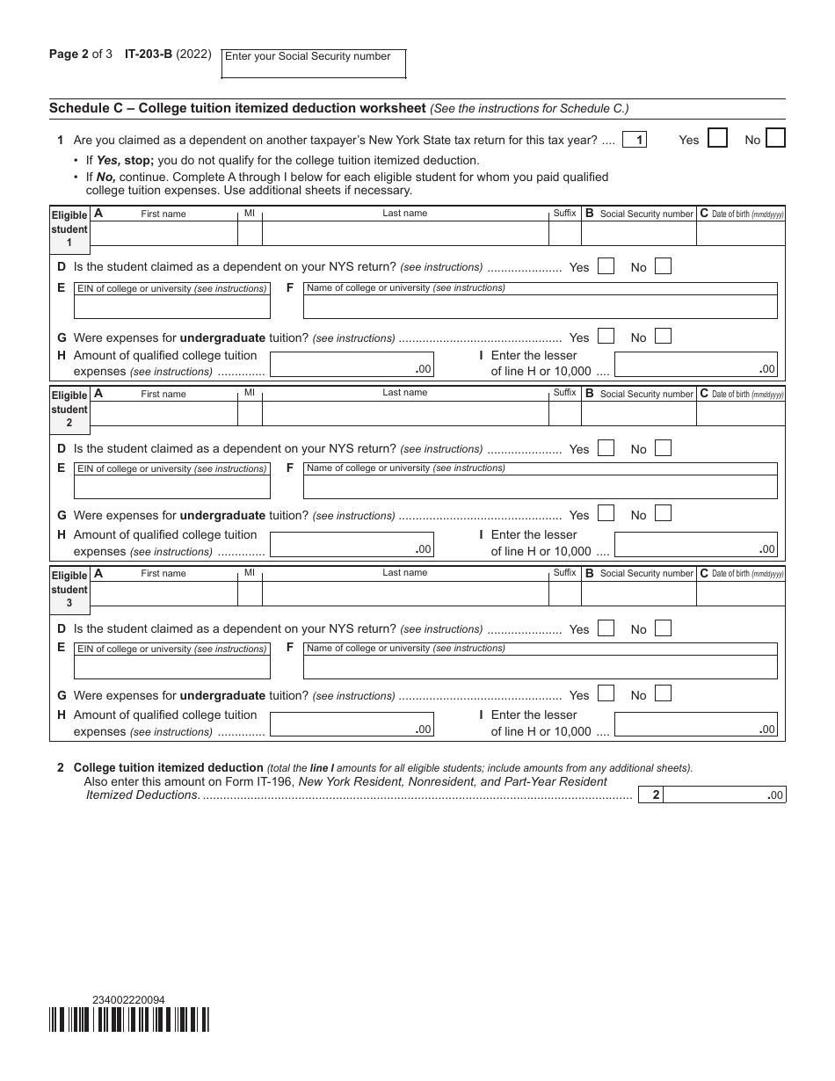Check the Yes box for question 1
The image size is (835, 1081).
717,138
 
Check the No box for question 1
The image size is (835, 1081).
775,138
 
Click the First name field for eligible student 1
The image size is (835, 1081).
163,233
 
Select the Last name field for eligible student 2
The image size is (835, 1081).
404,413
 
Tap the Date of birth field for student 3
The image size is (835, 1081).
740,593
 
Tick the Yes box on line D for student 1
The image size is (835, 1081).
606,266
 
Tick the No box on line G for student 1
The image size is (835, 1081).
663,336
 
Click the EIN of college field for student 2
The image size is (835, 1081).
172,486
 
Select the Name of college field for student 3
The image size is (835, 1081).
540,667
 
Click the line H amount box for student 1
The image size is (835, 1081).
352,365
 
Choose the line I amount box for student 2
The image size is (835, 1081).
695,544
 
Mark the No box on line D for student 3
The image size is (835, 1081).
663,628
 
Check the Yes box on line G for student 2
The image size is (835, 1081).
606,513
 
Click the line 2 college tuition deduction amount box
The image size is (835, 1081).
724,794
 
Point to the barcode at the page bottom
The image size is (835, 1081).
129,1019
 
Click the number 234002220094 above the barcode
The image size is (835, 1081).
128,999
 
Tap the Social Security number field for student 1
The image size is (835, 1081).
638,233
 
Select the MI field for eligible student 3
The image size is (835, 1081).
250,593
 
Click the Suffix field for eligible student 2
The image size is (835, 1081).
564,413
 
